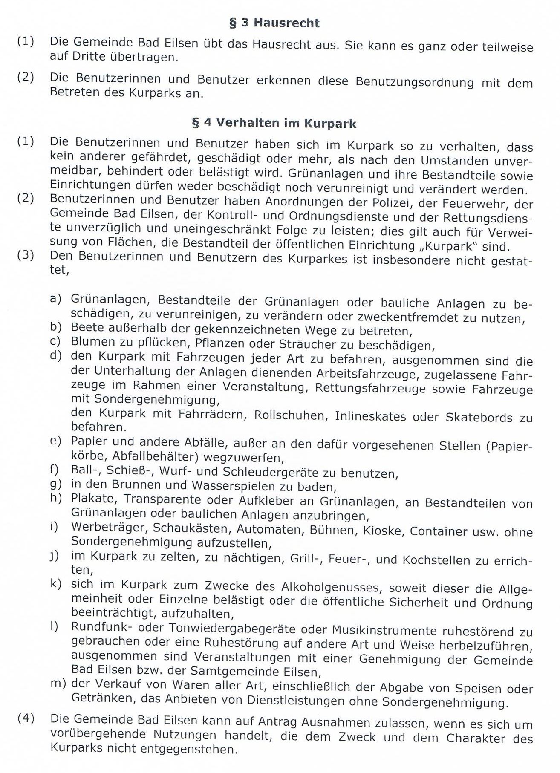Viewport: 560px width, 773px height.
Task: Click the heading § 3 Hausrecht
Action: [x=274, y=23]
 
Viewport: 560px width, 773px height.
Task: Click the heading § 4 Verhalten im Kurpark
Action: [x=274, y=123]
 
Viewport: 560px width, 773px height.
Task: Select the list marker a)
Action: [x=56, y=299]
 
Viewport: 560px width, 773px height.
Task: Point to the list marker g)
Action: [x=56, y=485]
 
